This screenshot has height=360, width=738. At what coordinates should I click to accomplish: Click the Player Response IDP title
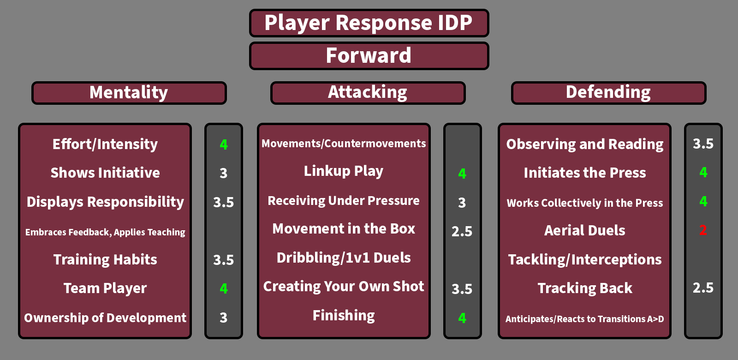click(x=369, y=23)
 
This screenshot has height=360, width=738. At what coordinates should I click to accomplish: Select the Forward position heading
click(x=369, y=55)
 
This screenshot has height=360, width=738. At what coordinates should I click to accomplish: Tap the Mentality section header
click(x=129, y=92)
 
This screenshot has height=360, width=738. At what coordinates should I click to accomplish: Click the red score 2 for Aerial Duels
click(x=703, y=230)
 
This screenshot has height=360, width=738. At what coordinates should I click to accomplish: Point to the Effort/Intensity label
click(x=105, y=144)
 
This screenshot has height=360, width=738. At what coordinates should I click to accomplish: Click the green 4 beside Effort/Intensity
click(x=224, y=144)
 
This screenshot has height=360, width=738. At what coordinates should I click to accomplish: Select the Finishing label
click(x=344, y=316)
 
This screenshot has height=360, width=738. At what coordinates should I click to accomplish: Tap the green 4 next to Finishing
click(x=462, y=318)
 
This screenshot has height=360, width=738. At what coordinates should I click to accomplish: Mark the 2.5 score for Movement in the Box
click(x=462, y=231)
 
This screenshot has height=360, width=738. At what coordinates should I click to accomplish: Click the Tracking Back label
click(x=585, y=288)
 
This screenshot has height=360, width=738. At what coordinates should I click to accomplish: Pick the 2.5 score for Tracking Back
click(x=703, y=288)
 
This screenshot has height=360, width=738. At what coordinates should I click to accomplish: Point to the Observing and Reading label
click(x=585, y=144)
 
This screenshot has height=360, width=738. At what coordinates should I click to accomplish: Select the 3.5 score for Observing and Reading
click(x=703, y=144)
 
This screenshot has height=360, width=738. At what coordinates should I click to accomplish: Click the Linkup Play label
click(x=344, y=171)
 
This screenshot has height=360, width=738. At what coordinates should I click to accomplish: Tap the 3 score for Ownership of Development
click(x=224, y=318)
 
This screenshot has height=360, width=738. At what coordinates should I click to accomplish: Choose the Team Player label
click(x=105, y=288)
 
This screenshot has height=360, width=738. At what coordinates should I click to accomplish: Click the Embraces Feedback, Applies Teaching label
click(x=105, y=232)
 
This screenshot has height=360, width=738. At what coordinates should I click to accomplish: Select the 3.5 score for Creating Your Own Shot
click(x=462, y=289)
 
